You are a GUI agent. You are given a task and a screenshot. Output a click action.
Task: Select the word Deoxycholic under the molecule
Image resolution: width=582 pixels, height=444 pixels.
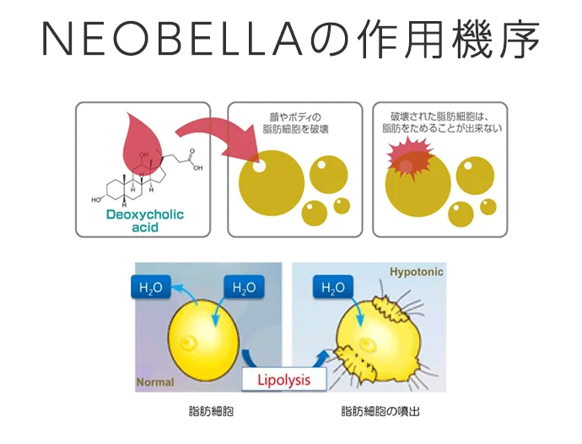click(x=145, y=214)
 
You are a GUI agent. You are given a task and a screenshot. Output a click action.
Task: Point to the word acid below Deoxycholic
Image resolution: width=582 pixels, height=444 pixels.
click(x=144, y=227)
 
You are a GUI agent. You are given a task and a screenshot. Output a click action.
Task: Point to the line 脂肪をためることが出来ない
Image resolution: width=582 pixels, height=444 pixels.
click(x=434, y=128)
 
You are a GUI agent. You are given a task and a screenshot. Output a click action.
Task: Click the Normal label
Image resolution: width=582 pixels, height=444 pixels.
click(x=154, y=382)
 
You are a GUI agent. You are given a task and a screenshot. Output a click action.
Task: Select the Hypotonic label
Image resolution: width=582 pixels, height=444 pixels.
click(x=416, y=273)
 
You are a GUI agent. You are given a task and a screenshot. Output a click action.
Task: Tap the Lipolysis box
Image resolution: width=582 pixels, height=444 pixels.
click(x=283, y=379)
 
